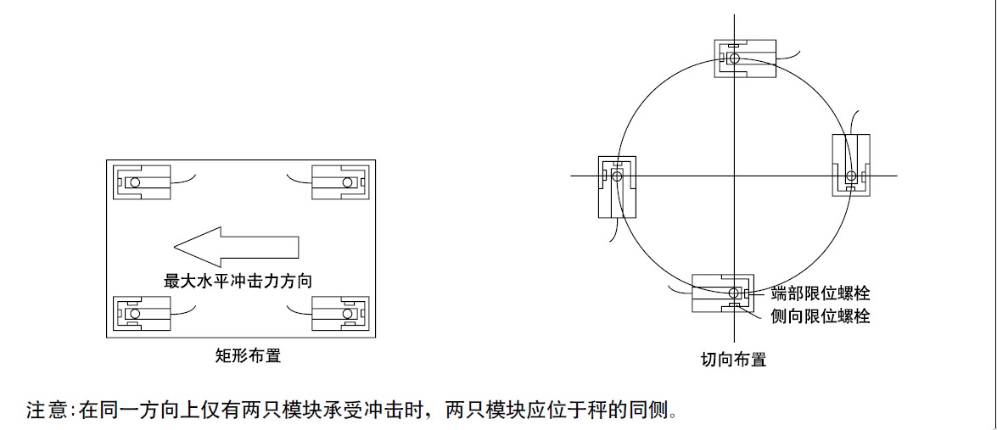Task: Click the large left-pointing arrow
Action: [236, 247]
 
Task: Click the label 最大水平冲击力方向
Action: [244, 281]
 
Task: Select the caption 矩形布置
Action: [248, 356]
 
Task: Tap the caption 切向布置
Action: [733, 360]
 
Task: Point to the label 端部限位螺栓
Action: [821, 294]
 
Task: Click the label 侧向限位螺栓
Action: [821, 316]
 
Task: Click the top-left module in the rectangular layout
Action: [143, 182]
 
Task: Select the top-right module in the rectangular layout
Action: [339, 182]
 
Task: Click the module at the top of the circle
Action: [746, 59]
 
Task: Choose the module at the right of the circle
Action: [851, 165]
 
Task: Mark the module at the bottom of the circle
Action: [723, 293]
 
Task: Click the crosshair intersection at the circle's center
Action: [734, 176]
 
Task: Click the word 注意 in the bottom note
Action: [47, 411]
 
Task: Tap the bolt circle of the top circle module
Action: [735, 59]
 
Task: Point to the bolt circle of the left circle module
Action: [617, 176]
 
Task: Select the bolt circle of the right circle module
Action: [851, 176]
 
